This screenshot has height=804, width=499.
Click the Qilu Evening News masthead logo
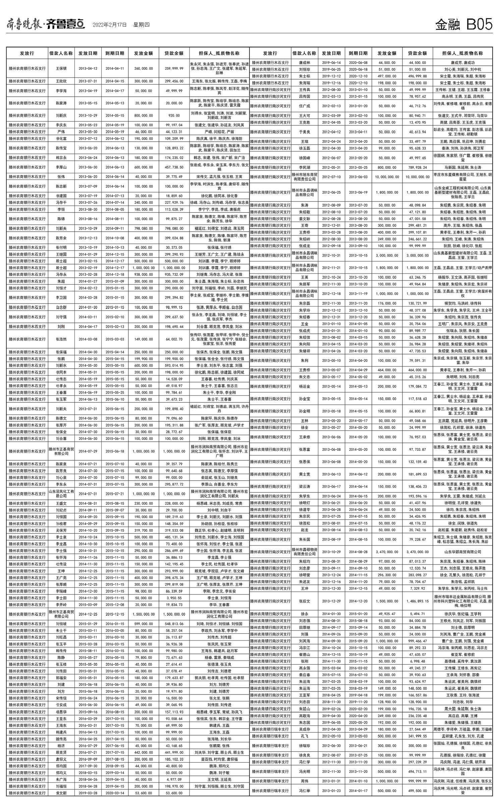pyautogui.click(x=46, y=24)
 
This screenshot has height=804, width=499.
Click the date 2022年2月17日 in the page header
pyautogui.click(x=110, y=25)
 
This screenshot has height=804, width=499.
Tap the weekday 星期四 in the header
pyautogui.click(x=141, y=25)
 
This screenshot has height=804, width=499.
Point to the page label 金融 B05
pyautogui.click(x=463, y=25)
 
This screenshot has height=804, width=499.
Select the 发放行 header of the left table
pyautogui.click(x=27, y=53)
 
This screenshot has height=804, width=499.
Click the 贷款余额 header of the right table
pyautogui.click(x=417, y=53)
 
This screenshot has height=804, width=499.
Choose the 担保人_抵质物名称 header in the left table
pyautogui.click(x=219, y=53)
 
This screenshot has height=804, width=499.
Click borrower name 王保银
pyautogui.click(x=61, y=68)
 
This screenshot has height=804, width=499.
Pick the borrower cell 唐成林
pyautogui.click(x=304, y=62)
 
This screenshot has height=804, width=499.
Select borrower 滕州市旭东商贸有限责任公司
pyautogui.click(x=304, y=177)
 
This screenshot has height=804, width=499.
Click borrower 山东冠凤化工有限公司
pyautogui.click(x=61, y=493)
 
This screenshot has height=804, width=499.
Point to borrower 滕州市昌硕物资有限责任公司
pyautogui.click(x=304, y=552)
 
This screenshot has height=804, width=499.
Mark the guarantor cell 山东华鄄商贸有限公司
pyautogui.click(x=462, y=552)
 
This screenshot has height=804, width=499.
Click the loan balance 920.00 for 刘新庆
pyautogui.click(x=174, y=115)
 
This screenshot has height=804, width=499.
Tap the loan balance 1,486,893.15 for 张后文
pyautogui.click(x=417, y=601)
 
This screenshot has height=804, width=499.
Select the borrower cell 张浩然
pyautogui.click(x=61, y=339)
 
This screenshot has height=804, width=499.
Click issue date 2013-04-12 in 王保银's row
pyautogui.click(x=88, y=68)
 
